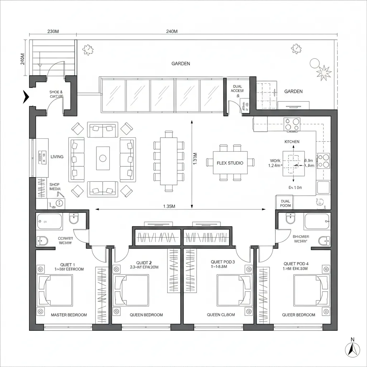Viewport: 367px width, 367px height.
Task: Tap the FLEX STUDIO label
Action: [x=230, y=163]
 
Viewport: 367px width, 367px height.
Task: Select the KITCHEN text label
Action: [x=292, y=142]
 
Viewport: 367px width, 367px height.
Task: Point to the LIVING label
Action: [x=57, y=157]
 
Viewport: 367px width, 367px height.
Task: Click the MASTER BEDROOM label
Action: [x=69, y=315]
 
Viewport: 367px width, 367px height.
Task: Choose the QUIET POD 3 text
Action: [x=223, y=262]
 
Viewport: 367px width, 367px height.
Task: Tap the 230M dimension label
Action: [x=53, y=32]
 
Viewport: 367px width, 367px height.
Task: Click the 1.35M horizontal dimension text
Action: [x=169, y=206]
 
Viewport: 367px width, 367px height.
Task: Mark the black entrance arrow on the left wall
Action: [x=26, y=97]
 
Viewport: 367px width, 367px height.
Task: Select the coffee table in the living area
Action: [x=103, y=158]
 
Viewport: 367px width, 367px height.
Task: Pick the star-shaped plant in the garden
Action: [x=324, y=73]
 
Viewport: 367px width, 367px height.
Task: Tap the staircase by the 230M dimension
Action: [x=53, y=57]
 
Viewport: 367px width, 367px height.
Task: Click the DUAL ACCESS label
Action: [x=238, y=89]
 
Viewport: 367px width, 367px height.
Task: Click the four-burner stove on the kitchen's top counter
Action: [x=291, y=124]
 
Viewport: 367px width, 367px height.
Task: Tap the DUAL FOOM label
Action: [x=286, y=204]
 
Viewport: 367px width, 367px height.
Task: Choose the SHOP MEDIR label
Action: [x=55, y=186]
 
